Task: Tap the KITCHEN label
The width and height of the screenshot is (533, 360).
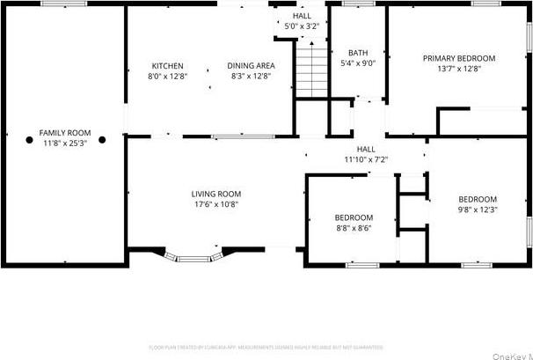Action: tap(167, 66)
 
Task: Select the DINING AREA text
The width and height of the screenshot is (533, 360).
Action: tap(251, 66)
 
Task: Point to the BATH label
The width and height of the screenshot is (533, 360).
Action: tap(357, 53)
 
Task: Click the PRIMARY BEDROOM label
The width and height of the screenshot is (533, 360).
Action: tap(458, 58)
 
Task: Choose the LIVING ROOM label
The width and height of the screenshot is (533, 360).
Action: tap(216, 194)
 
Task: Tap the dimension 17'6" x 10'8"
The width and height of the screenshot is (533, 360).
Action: tap(216, 204)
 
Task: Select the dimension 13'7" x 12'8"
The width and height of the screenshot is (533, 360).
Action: tap(458, 69)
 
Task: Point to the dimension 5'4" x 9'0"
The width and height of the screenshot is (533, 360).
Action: tap(358, 63)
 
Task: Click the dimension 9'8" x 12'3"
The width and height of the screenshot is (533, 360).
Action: tap(478, 209)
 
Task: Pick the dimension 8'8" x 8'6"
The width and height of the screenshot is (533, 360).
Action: tap(354, 228)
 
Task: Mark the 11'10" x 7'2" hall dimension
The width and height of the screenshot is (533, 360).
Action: tap(366, 160)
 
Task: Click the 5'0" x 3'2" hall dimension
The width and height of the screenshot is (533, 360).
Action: tap(302, 26)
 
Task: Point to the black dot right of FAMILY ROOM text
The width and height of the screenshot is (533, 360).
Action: tap(102, 139)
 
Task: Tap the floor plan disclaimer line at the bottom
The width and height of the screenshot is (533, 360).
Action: tap(266, 347)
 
